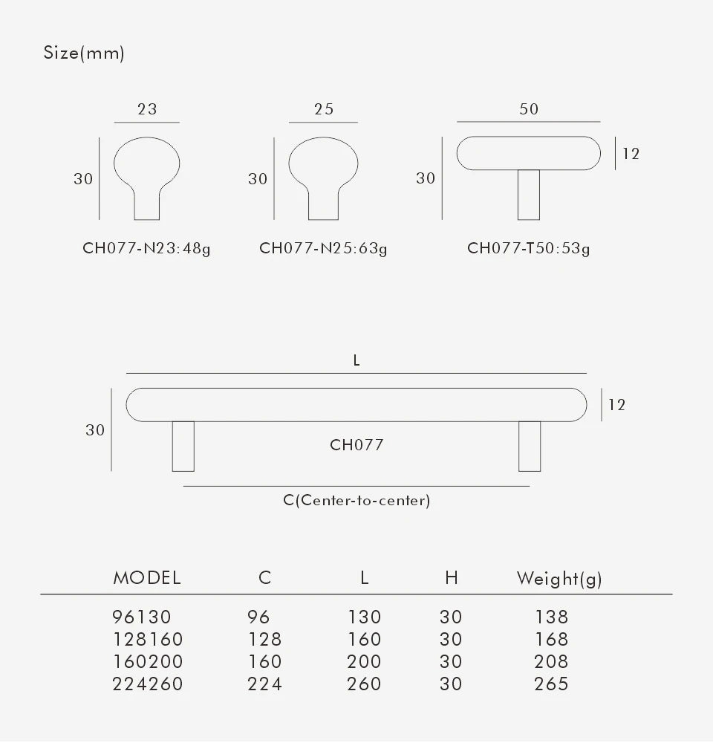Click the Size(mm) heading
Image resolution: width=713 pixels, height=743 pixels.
(x=84, y=53)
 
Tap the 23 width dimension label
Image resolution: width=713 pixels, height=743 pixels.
(x=147, y=108)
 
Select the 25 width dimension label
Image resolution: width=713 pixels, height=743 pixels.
(x=324, y=108)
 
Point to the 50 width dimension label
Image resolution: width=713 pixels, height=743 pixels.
(x=528, y=108)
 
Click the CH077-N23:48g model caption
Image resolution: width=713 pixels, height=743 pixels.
(x=146, y=248)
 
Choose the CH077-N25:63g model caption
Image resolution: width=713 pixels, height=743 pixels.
(x=323, y=248)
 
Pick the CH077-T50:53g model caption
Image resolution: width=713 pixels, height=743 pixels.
(x=528, y=248)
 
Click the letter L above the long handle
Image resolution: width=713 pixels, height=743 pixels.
(x=356, y=360)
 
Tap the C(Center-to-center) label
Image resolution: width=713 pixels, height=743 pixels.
(x=356, y=501)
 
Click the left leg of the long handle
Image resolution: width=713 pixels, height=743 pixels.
(x=183, y=446)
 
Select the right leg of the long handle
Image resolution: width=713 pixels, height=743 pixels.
(x=530, y=446)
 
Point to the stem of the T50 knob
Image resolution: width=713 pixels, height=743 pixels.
(x=528, y=195)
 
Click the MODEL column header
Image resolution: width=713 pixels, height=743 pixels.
(x=147, y=578)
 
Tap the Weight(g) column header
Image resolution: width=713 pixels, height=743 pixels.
(x=559, y=579)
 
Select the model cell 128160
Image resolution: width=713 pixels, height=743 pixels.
(x=147, y=639)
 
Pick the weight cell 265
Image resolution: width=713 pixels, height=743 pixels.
(x=551, y=684)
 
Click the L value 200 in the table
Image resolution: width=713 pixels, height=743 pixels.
(x=364, y=661)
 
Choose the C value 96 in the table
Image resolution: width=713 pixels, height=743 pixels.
(x=258, y=617)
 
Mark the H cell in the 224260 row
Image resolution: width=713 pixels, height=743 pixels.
(x=451, y=684)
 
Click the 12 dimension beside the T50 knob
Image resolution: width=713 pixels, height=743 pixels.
(x=631, y=154)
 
